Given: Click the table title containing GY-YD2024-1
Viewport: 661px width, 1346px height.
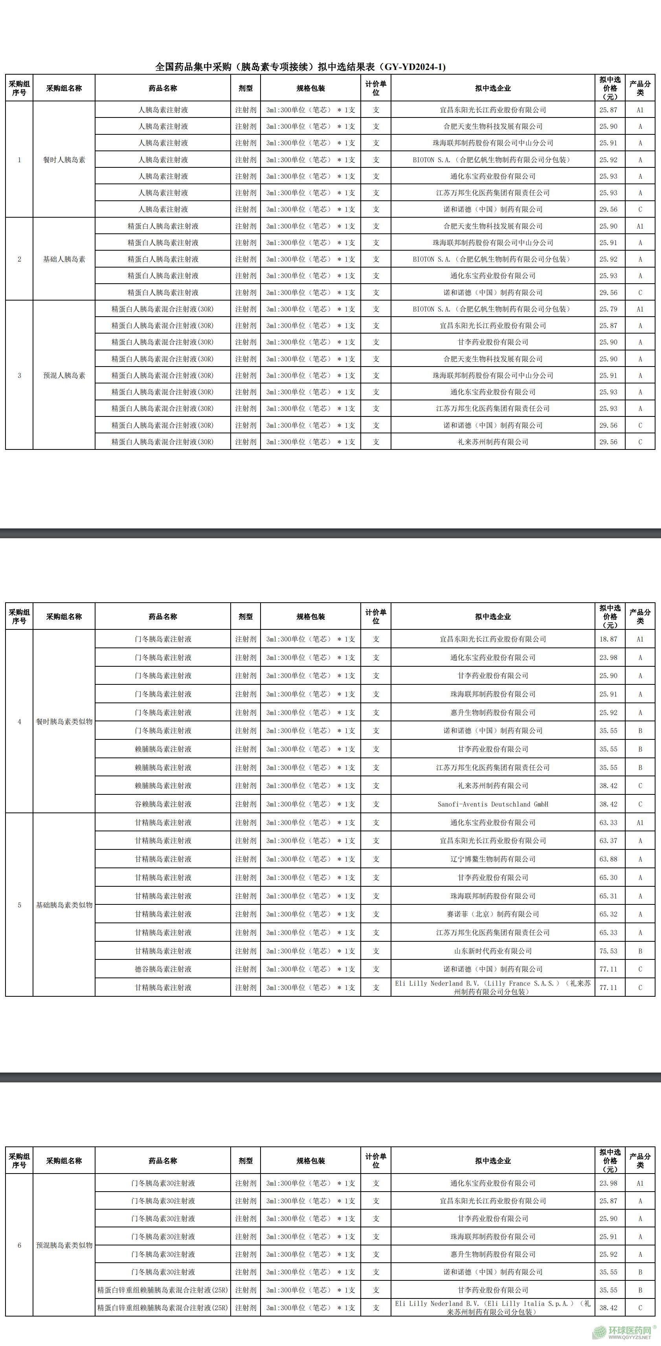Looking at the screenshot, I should click(x=301, y=67).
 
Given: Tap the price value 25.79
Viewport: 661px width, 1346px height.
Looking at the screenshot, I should click(x=608, y=309).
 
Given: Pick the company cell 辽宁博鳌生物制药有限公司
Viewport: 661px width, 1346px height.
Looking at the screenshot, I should click(x=493, y=859).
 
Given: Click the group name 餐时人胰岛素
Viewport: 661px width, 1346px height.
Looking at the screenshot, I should click(x=64, y=160).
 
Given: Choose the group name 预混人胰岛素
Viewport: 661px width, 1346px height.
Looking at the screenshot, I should click(x=64, y=375).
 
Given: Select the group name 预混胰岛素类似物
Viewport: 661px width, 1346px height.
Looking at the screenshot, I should click(x=64, y=1245).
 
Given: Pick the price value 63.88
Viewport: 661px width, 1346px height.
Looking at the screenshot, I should click(x=608, y=859).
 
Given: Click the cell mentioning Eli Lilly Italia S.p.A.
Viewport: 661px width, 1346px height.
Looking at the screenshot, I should click(x=493, y=1307).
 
